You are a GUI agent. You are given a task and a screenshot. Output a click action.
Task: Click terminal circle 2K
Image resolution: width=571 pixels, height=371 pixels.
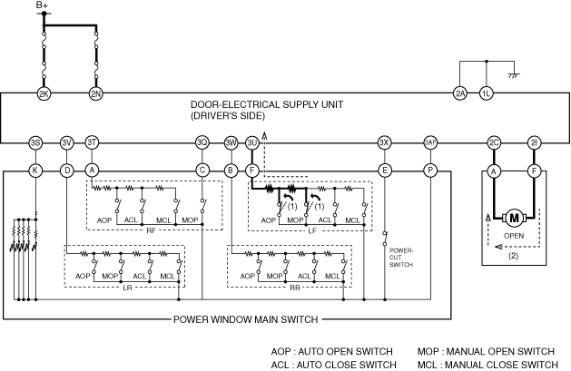pos(43,93)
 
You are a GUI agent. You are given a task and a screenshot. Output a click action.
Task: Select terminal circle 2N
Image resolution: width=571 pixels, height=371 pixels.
pos(95,93)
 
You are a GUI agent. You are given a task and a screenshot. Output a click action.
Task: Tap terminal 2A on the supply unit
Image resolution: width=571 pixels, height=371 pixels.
pos(460,93)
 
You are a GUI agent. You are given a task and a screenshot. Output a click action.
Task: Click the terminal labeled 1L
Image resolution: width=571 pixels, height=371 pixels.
pos(487,93)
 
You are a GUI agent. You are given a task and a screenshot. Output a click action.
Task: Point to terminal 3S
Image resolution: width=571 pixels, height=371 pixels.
pos(35,142)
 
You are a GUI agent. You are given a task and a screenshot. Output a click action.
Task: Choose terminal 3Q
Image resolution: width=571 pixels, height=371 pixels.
pos(202,142)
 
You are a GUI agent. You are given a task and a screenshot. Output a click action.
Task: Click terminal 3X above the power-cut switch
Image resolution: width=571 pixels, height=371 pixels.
pos(385,142)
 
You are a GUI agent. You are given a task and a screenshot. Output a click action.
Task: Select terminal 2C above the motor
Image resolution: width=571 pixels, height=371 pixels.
pos(494,142)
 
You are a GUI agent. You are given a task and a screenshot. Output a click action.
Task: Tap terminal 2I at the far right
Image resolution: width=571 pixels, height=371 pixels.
pos(535,142)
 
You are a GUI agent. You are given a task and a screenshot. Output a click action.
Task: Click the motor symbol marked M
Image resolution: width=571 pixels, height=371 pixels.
pos(515,217)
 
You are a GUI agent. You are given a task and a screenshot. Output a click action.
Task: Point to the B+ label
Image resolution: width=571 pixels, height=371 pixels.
pos(43,6)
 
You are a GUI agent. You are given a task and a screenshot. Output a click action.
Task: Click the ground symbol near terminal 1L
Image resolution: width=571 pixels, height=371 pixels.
pos(513,74)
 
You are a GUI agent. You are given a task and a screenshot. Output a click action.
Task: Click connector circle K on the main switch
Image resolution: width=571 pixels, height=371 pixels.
pos(35,170)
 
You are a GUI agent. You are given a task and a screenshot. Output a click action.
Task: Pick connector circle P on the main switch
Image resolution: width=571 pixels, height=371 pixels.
pos(429,170)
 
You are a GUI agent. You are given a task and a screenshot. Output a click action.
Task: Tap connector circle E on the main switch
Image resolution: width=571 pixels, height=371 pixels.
pos(385,170)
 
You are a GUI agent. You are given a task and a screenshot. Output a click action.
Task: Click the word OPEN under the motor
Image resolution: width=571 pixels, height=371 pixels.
pos(515,237)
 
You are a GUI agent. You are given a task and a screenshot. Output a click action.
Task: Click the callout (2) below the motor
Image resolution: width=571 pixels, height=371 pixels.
pos(514,257)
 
